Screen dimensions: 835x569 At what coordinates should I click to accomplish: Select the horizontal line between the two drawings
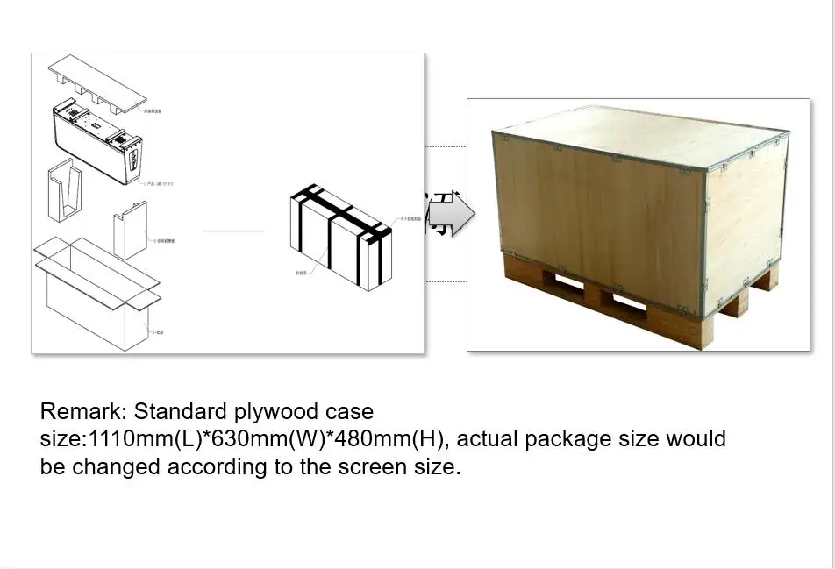click(233, 231)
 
